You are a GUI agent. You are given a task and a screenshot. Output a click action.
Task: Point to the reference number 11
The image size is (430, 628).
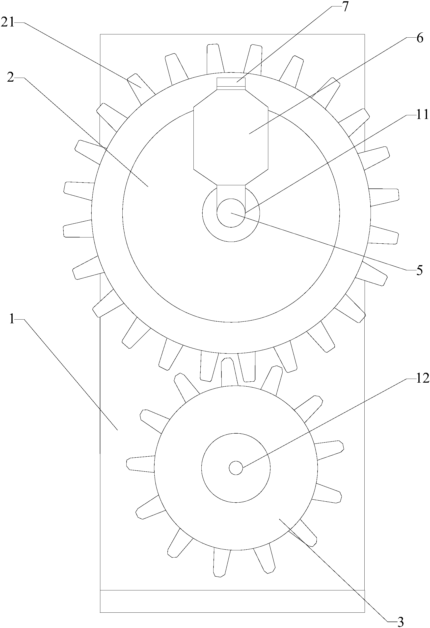(422, 115)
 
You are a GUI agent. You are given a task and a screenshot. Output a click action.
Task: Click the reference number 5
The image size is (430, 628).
(419, 270)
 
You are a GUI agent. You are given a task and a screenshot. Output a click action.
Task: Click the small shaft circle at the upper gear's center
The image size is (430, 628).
(231, 213)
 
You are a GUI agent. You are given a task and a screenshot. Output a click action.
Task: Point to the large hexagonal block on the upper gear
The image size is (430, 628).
(231, 137)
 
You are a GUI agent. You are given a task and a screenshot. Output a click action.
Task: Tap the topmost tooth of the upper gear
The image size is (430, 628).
(215, 59)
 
